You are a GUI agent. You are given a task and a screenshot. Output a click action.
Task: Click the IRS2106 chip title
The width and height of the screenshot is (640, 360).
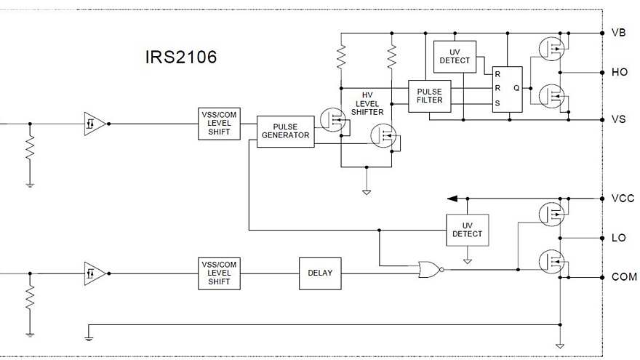180,57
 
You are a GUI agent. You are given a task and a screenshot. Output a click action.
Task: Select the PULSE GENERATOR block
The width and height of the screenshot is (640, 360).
286,131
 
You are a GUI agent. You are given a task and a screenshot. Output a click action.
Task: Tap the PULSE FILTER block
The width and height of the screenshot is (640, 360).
429,95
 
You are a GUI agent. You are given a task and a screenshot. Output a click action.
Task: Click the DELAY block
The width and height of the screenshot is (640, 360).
320,273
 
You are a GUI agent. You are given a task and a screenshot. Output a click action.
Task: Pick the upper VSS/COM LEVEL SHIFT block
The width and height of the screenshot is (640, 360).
220,124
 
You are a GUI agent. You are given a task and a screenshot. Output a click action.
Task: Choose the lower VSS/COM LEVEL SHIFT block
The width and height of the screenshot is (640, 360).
220,273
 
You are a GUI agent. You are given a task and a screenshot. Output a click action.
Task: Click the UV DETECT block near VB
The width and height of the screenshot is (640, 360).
455,56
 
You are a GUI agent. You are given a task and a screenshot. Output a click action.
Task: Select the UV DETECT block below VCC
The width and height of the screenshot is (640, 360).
468,230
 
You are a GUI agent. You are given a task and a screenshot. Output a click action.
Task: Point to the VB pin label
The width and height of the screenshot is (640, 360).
619,33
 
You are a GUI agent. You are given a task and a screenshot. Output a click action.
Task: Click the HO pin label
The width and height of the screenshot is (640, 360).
620,73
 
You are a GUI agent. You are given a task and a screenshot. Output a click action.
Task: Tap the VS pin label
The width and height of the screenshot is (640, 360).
619,119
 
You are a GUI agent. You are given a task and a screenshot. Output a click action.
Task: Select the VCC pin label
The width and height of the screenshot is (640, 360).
622,199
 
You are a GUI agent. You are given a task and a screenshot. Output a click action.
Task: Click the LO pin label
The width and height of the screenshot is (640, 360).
619,238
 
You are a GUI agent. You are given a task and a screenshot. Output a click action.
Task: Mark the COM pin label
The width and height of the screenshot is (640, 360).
623,277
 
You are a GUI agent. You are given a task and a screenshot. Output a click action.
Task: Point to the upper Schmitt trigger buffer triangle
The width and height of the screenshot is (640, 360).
94,124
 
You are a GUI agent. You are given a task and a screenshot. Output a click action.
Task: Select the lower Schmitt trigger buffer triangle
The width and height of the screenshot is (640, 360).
94,273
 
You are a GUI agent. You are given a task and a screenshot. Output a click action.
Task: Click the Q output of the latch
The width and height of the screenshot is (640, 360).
516,87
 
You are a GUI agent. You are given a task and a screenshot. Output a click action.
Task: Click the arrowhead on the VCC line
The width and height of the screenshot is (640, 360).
452,199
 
